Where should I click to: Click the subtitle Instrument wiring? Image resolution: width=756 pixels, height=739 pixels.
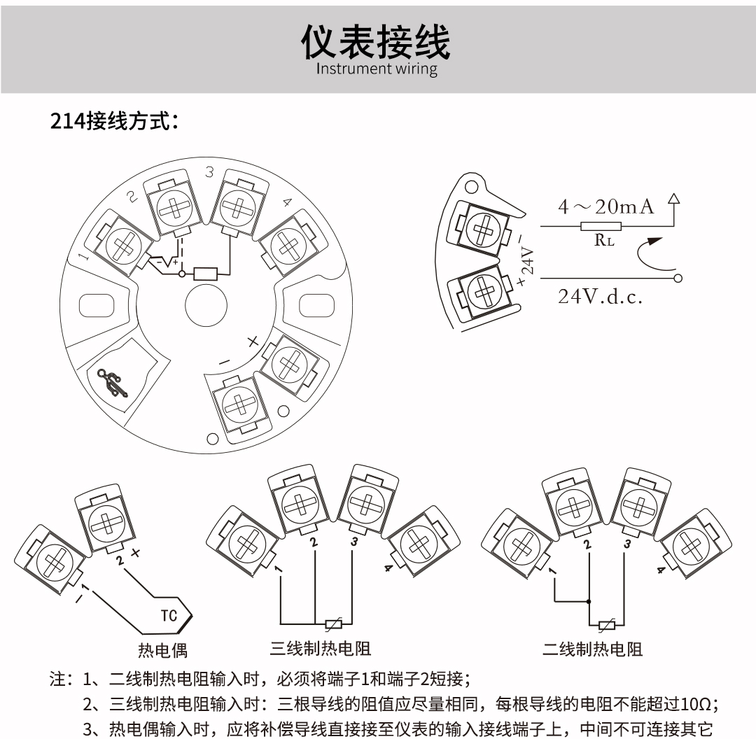377,69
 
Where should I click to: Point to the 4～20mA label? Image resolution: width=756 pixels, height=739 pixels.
605,206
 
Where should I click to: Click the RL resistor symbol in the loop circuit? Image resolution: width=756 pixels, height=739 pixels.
600,226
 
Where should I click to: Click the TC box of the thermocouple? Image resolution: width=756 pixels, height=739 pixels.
169,616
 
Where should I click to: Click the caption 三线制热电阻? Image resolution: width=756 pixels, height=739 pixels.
321,649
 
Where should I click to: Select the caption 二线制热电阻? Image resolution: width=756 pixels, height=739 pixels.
592,649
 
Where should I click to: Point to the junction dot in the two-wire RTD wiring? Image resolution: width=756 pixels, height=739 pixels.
589,600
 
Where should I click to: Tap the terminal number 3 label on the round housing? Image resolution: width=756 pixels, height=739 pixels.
209,171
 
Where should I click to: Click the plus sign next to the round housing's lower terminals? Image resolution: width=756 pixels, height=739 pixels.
253,343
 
